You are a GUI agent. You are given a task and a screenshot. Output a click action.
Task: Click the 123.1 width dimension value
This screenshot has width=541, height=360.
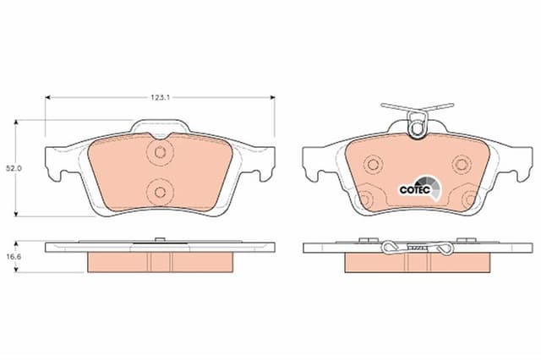coord(160,98)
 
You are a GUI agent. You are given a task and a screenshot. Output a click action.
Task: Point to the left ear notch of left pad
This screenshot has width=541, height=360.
coord(56,172)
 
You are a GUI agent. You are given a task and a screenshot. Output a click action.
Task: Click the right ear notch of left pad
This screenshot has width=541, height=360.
coord(262,172)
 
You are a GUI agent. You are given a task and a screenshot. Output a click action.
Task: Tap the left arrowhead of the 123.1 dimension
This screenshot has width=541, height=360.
coord(48,98)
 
